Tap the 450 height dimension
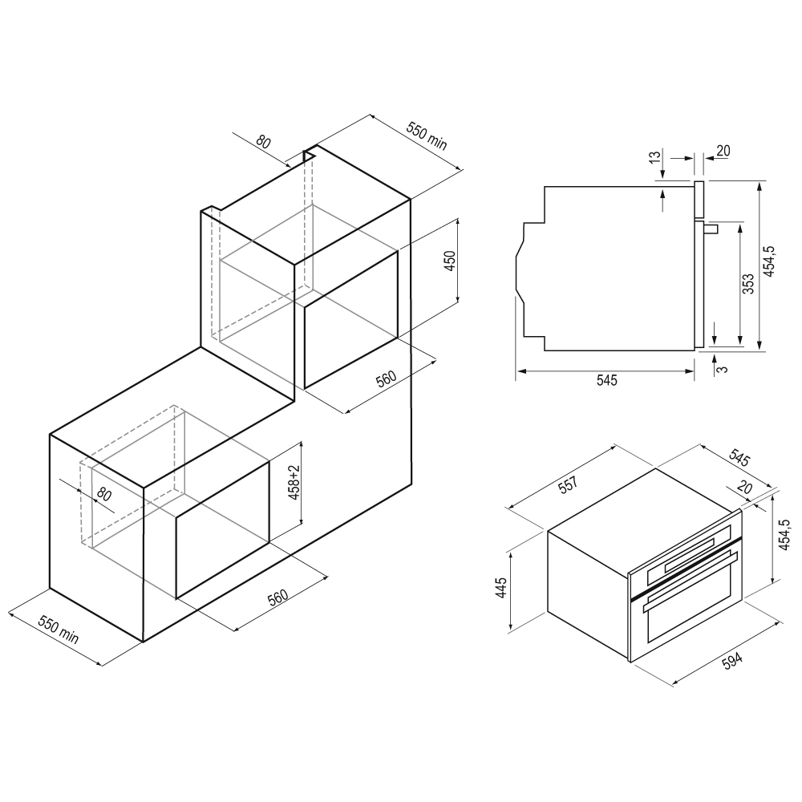pyautogui.click(x=450, y=261)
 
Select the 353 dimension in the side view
pyautogui.click(x=748, y=284)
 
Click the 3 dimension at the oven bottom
pyautogui.click(x=723, y=369)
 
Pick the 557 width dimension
pyautogui.click(x=567, y=484)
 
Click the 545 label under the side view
pyautogui.click(x=607, y=380)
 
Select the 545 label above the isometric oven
pyautogui.click(x=739, y=458)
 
